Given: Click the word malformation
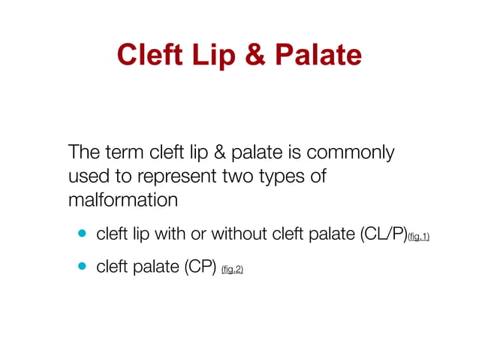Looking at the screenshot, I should point(123,201).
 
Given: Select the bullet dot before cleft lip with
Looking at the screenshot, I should point(81,234).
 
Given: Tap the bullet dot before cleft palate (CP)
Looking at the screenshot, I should point(81,266).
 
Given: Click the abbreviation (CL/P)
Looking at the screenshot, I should point(378,234).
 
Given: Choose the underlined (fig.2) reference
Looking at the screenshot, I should point(232,269).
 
